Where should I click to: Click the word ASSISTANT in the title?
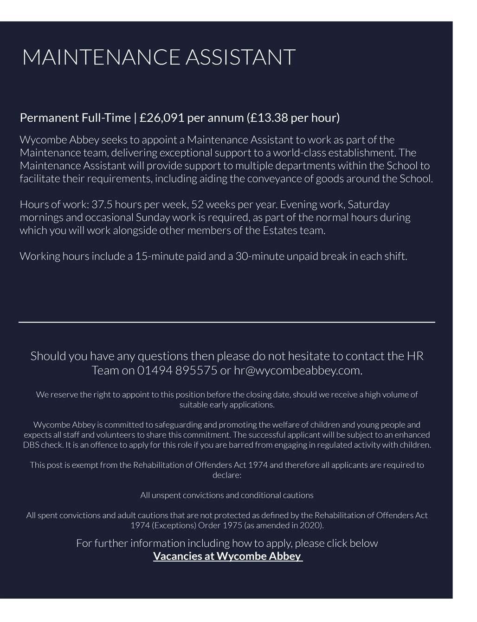pyautogui.click(x=240, y=58)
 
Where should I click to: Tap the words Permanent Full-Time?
pyautogui.click(x=75, y=118)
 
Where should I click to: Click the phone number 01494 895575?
pyautogui.click(x=177, y=371)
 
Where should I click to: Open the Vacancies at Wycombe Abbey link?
pyautogui.click(x=227, y=556)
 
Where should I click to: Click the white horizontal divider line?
pyautogui.click(x=227, y=322)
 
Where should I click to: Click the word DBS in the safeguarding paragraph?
pyautogui.click(x=32, y=445)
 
